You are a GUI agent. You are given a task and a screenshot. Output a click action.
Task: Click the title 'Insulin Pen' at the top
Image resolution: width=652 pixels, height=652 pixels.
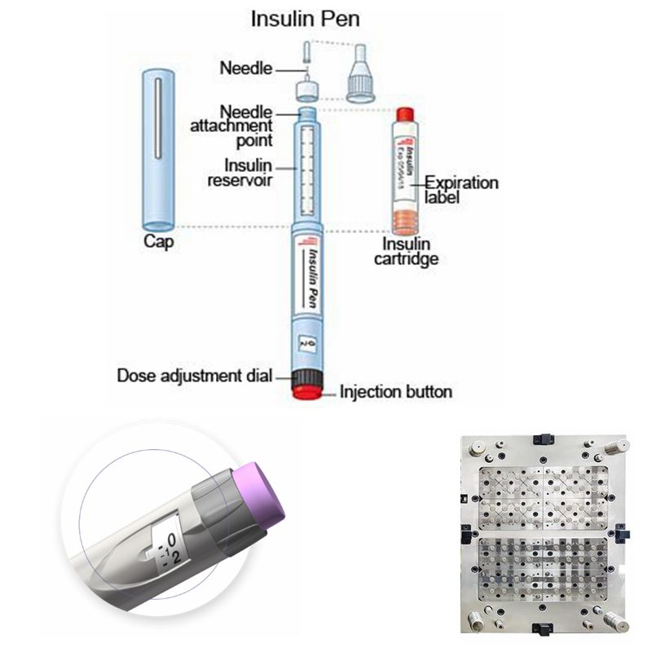[x=304, y=18]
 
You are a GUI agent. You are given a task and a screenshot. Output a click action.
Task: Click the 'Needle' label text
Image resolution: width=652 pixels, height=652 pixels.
[x=245, y=68]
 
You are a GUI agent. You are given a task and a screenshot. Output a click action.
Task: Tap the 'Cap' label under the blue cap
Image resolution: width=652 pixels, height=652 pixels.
[x=159, y=242]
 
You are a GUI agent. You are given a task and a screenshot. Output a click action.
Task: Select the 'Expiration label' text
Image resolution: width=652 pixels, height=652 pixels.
[x=460, y=190]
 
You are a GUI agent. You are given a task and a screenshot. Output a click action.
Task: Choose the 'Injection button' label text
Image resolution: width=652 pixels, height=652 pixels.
[x=395, y=392]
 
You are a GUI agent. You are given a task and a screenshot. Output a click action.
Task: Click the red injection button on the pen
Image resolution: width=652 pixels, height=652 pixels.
[x=307, y=393]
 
